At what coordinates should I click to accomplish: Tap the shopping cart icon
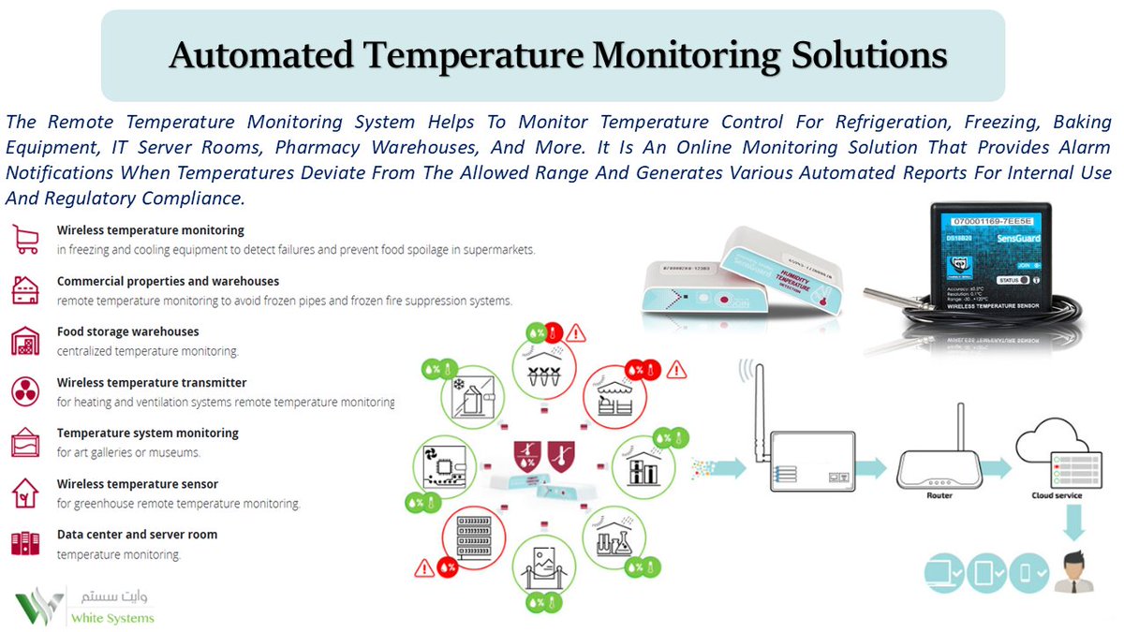(24, 239)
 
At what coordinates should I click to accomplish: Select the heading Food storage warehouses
(127, 331)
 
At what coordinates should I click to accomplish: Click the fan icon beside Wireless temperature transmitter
(24, 390)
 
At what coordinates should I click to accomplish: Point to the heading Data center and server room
(137, 535)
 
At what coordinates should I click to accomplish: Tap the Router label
(939, 495)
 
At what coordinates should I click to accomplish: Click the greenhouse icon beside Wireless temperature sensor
(24, 492)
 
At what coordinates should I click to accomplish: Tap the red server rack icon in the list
(24, 542)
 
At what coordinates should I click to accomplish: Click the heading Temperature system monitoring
(148, 433)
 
